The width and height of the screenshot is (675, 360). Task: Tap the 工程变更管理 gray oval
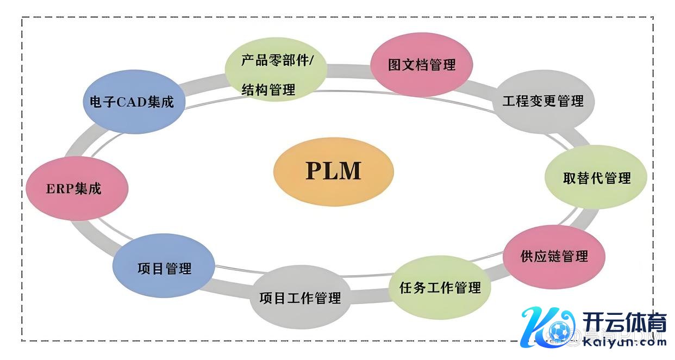coord(543,101)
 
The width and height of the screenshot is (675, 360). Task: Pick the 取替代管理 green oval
coord(596,178)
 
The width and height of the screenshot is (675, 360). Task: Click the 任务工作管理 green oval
coord(440,288)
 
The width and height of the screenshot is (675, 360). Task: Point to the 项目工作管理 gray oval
coord(300,297)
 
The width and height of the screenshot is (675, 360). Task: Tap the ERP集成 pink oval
coord(77,189)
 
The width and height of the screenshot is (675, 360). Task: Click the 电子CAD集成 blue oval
coord(132,102)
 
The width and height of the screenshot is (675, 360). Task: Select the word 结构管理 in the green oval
coord(268,90)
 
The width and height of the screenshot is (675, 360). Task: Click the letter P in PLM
coord(314,171)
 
